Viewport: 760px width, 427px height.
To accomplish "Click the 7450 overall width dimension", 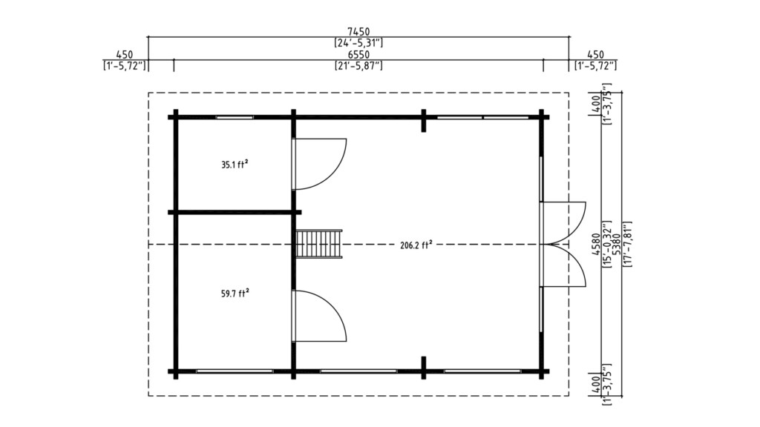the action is click(358, 33).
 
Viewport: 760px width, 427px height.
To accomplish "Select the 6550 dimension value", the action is click(358, 55).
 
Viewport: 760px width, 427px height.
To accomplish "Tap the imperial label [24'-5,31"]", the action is click(358, 43).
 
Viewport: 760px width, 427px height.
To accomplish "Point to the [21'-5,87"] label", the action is click(358, 65).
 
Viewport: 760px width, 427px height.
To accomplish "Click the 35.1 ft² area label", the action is click(235, 165).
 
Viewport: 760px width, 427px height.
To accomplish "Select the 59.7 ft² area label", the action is click(235, 294).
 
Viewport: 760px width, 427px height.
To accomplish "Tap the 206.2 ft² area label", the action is click(416, 245).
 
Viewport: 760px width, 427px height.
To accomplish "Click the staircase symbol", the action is click(319, 244).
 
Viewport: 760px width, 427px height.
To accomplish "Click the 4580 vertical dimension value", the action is click(595, 244).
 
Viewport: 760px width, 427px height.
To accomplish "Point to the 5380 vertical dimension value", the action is click(617, 244).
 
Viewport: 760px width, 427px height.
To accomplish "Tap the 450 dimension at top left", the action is click(125, 55).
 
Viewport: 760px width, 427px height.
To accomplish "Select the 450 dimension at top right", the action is click(596, 55).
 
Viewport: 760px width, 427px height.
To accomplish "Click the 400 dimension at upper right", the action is click(595, 103).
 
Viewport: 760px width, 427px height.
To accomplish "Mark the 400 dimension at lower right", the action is click(595, 383).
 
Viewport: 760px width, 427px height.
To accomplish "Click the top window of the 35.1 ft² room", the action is click(235, 117).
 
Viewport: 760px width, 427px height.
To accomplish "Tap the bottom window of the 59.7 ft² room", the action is click(235, 371).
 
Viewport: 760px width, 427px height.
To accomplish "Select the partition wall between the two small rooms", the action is click(235, 212).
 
